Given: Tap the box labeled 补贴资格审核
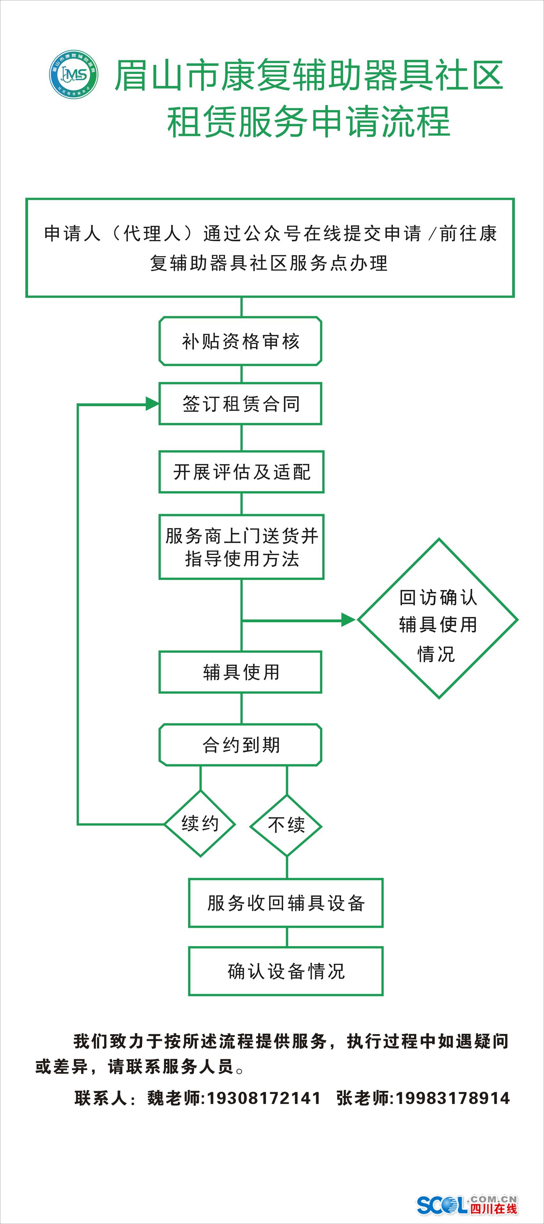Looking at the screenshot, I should pyautogui.click(x=240, y=341).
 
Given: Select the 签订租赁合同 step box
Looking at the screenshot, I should pyautogui.click(x=240, y=404).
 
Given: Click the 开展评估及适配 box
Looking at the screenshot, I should pyautogui.click(x=241, y=472).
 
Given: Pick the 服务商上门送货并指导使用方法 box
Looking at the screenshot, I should pyautogui.click(x=241, y=547).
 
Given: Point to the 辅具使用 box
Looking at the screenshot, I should pyautogui.click(x=240, y=672).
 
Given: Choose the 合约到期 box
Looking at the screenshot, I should pyautogui.click(x=240, y=745).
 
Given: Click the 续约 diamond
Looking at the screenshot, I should pyautogui.click(x=200, y=824).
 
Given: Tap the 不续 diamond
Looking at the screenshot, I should pyautogui.click(x=286, y=825).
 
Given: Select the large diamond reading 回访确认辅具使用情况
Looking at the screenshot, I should pyautogui.click(x=437, y=619).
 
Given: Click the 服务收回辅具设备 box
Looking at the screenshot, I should pyautogui.click(x=285, y=903).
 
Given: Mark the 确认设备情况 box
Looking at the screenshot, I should pyautogui.click(x=285, y=971).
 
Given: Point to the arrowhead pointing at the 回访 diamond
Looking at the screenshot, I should pyautogui.click(x=348, y=620).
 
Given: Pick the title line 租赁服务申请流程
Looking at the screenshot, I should pyautogui.click(x=308, y=122).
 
